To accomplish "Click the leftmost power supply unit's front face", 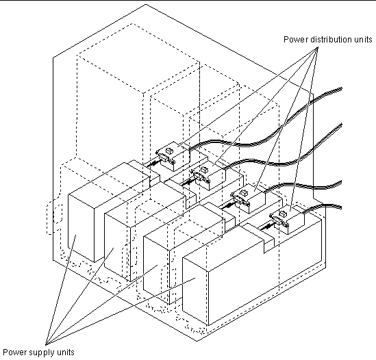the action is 81,228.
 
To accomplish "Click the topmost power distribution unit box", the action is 173,157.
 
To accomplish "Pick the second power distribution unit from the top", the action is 208,177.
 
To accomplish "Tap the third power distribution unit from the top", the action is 248,199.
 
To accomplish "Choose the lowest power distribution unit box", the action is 287,220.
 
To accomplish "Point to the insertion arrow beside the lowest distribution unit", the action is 266,227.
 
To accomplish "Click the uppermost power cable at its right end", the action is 340,90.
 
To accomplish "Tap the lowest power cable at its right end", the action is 340,207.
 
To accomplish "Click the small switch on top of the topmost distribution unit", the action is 169,151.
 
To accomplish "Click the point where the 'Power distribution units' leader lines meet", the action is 318,47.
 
